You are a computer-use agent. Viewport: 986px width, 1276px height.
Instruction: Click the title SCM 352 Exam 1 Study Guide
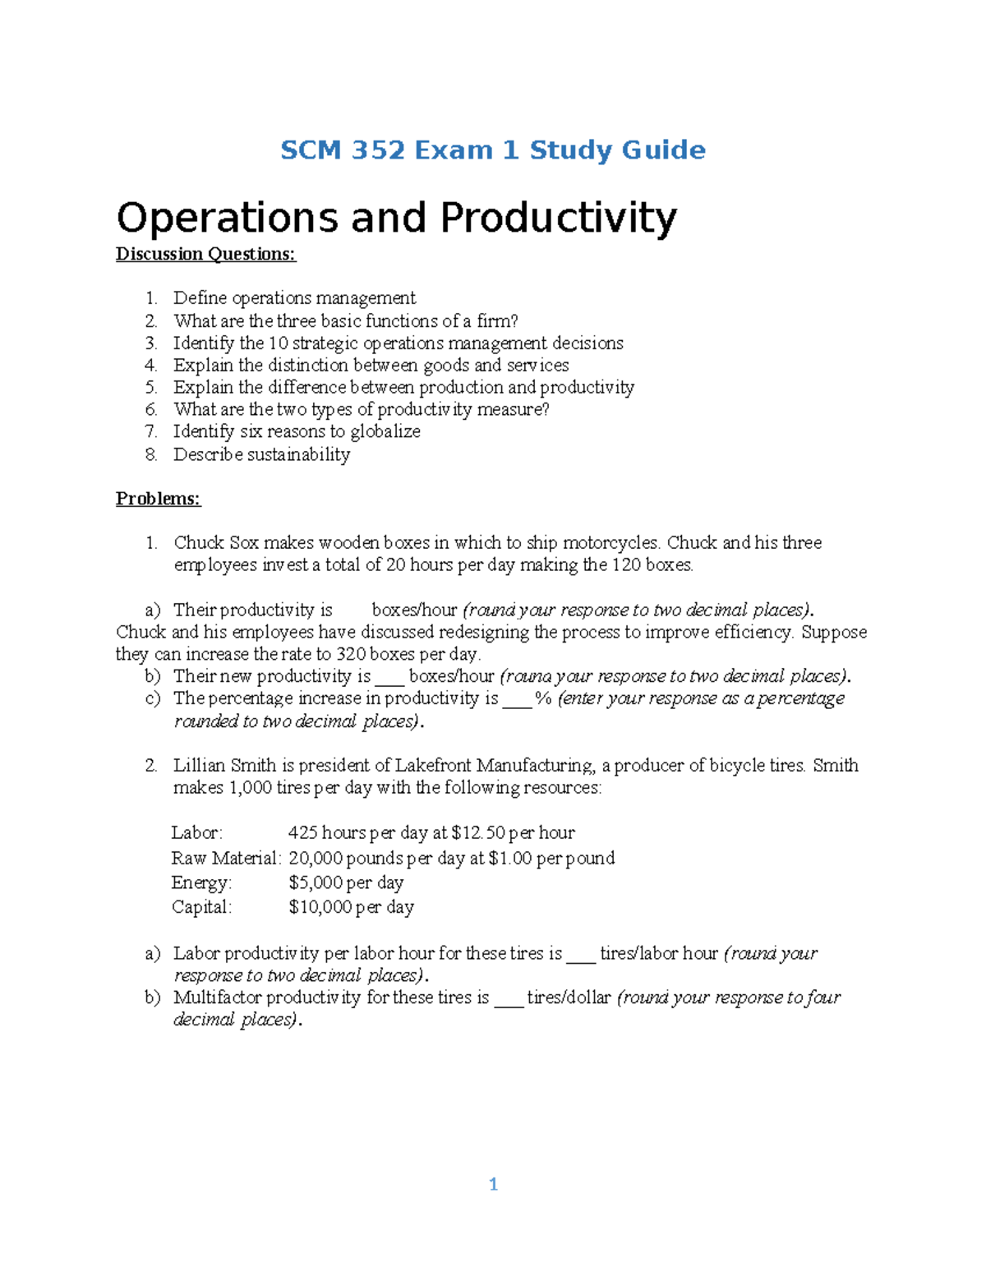(x=492, y=150)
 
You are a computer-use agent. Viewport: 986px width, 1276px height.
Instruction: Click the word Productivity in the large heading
(x=558, y=219)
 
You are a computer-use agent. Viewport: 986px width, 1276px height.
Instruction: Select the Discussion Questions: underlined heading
(x=205, y=254)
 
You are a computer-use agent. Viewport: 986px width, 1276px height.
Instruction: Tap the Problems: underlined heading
(x=158, y=499)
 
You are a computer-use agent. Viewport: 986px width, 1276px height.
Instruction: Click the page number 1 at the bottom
(x=493, y=1184)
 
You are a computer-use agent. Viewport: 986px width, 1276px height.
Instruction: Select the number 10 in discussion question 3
(x=278, y=343)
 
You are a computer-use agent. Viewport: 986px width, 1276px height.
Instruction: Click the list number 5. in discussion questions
(x=151, y=387)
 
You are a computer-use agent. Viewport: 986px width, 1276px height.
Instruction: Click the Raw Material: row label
(x=226, y=859)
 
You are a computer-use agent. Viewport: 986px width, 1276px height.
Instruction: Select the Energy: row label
(x=201, y=883)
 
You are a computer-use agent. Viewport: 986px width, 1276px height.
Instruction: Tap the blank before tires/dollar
(x=509, y=998)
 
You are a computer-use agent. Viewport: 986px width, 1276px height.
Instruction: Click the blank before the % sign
(x=517, y=699)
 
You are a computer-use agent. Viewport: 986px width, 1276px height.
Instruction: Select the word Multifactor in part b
(x=216, y=998)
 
